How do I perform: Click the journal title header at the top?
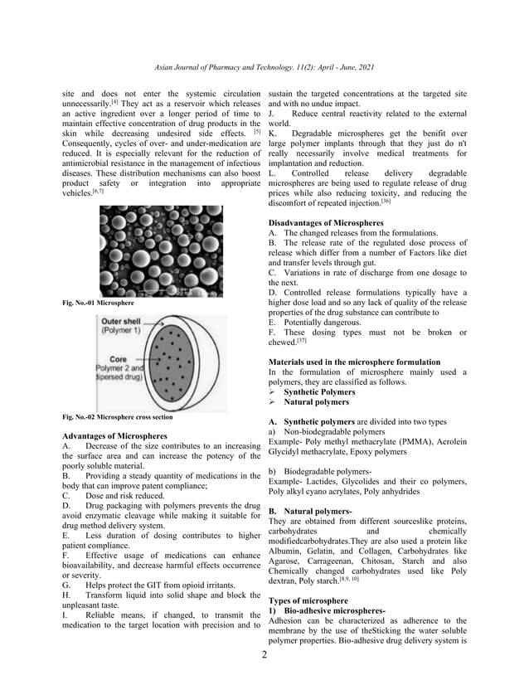[264, 65]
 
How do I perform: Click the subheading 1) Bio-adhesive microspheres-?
[327, 610]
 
